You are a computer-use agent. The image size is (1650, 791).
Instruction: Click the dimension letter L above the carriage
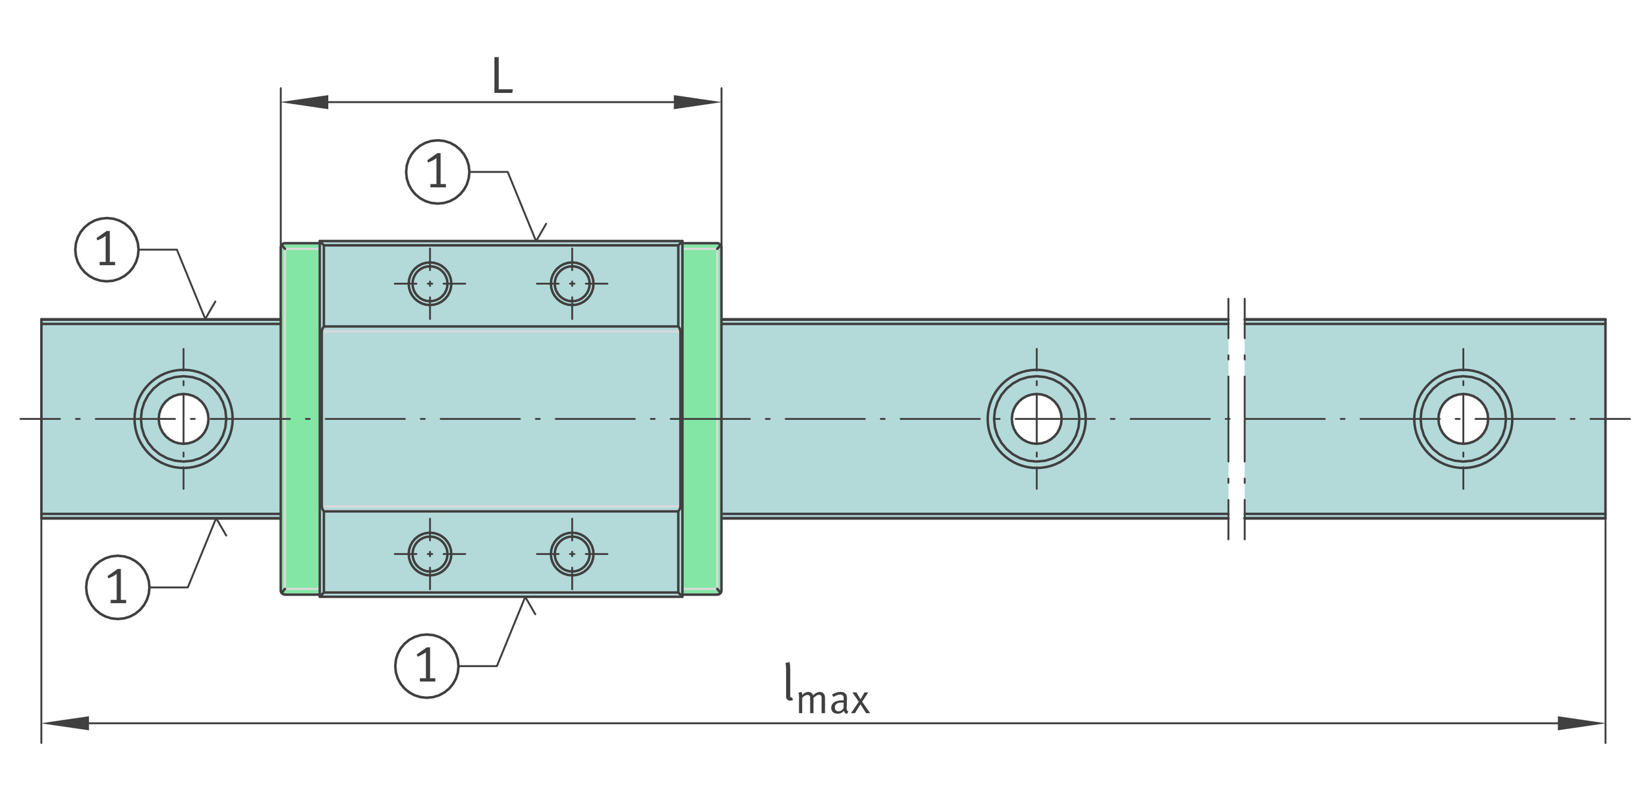coord(502,75)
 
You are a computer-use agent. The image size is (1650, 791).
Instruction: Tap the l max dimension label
coord(827,690)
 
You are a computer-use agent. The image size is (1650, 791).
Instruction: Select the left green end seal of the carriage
coord(300,419)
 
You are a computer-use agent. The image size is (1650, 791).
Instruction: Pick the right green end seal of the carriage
coord(701,419)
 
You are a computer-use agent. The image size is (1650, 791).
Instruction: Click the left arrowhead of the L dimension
coord(304,102)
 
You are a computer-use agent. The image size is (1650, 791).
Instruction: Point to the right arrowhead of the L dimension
coord(697,102)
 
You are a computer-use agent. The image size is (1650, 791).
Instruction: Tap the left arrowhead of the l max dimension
coord(65,723)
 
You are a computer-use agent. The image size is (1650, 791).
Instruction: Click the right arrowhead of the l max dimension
coord(1581,723)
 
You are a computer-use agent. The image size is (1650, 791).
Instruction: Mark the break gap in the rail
coord(1237,419)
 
